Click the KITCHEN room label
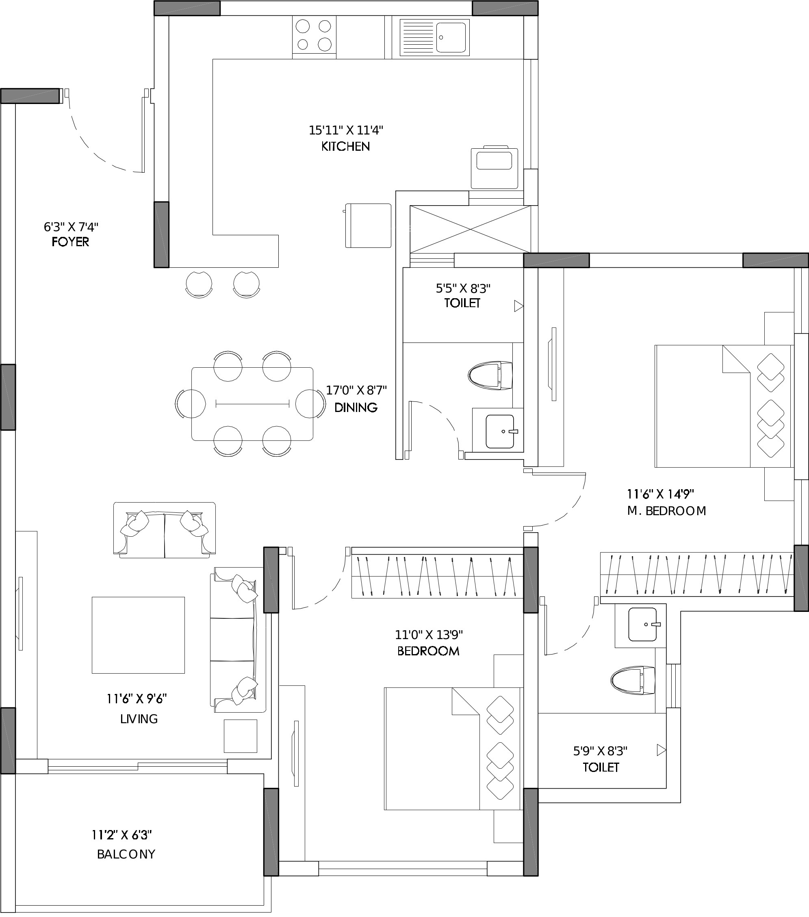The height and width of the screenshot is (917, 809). point(345,146)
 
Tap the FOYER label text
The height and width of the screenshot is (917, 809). point(70,242)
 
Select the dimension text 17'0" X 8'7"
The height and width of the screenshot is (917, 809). point(356,390)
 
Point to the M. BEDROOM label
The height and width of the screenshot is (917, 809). point(667,511)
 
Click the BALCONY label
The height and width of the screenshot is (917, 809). point(126,854)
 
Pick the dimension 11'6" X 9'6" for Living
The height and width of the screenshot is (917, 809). point(137,698)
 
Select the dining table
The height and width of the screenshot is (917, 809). point(252,404)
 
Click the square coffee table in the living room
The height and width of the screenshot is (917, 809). point(138,635)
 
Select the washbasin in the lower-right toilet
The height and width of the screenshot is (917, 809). point(643,624)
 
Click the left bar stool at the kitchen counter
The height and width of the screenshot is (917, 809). point(199,284)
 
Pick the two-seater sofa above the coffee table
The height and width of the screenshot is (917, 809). point(164,530)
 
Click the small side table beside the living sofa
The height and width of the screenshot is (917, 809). point(241,736)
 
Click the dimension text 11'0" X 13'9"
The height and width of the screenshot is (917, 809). point(429,635)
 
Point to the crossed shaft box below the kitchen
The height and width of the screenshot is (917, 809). point(470,229)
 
